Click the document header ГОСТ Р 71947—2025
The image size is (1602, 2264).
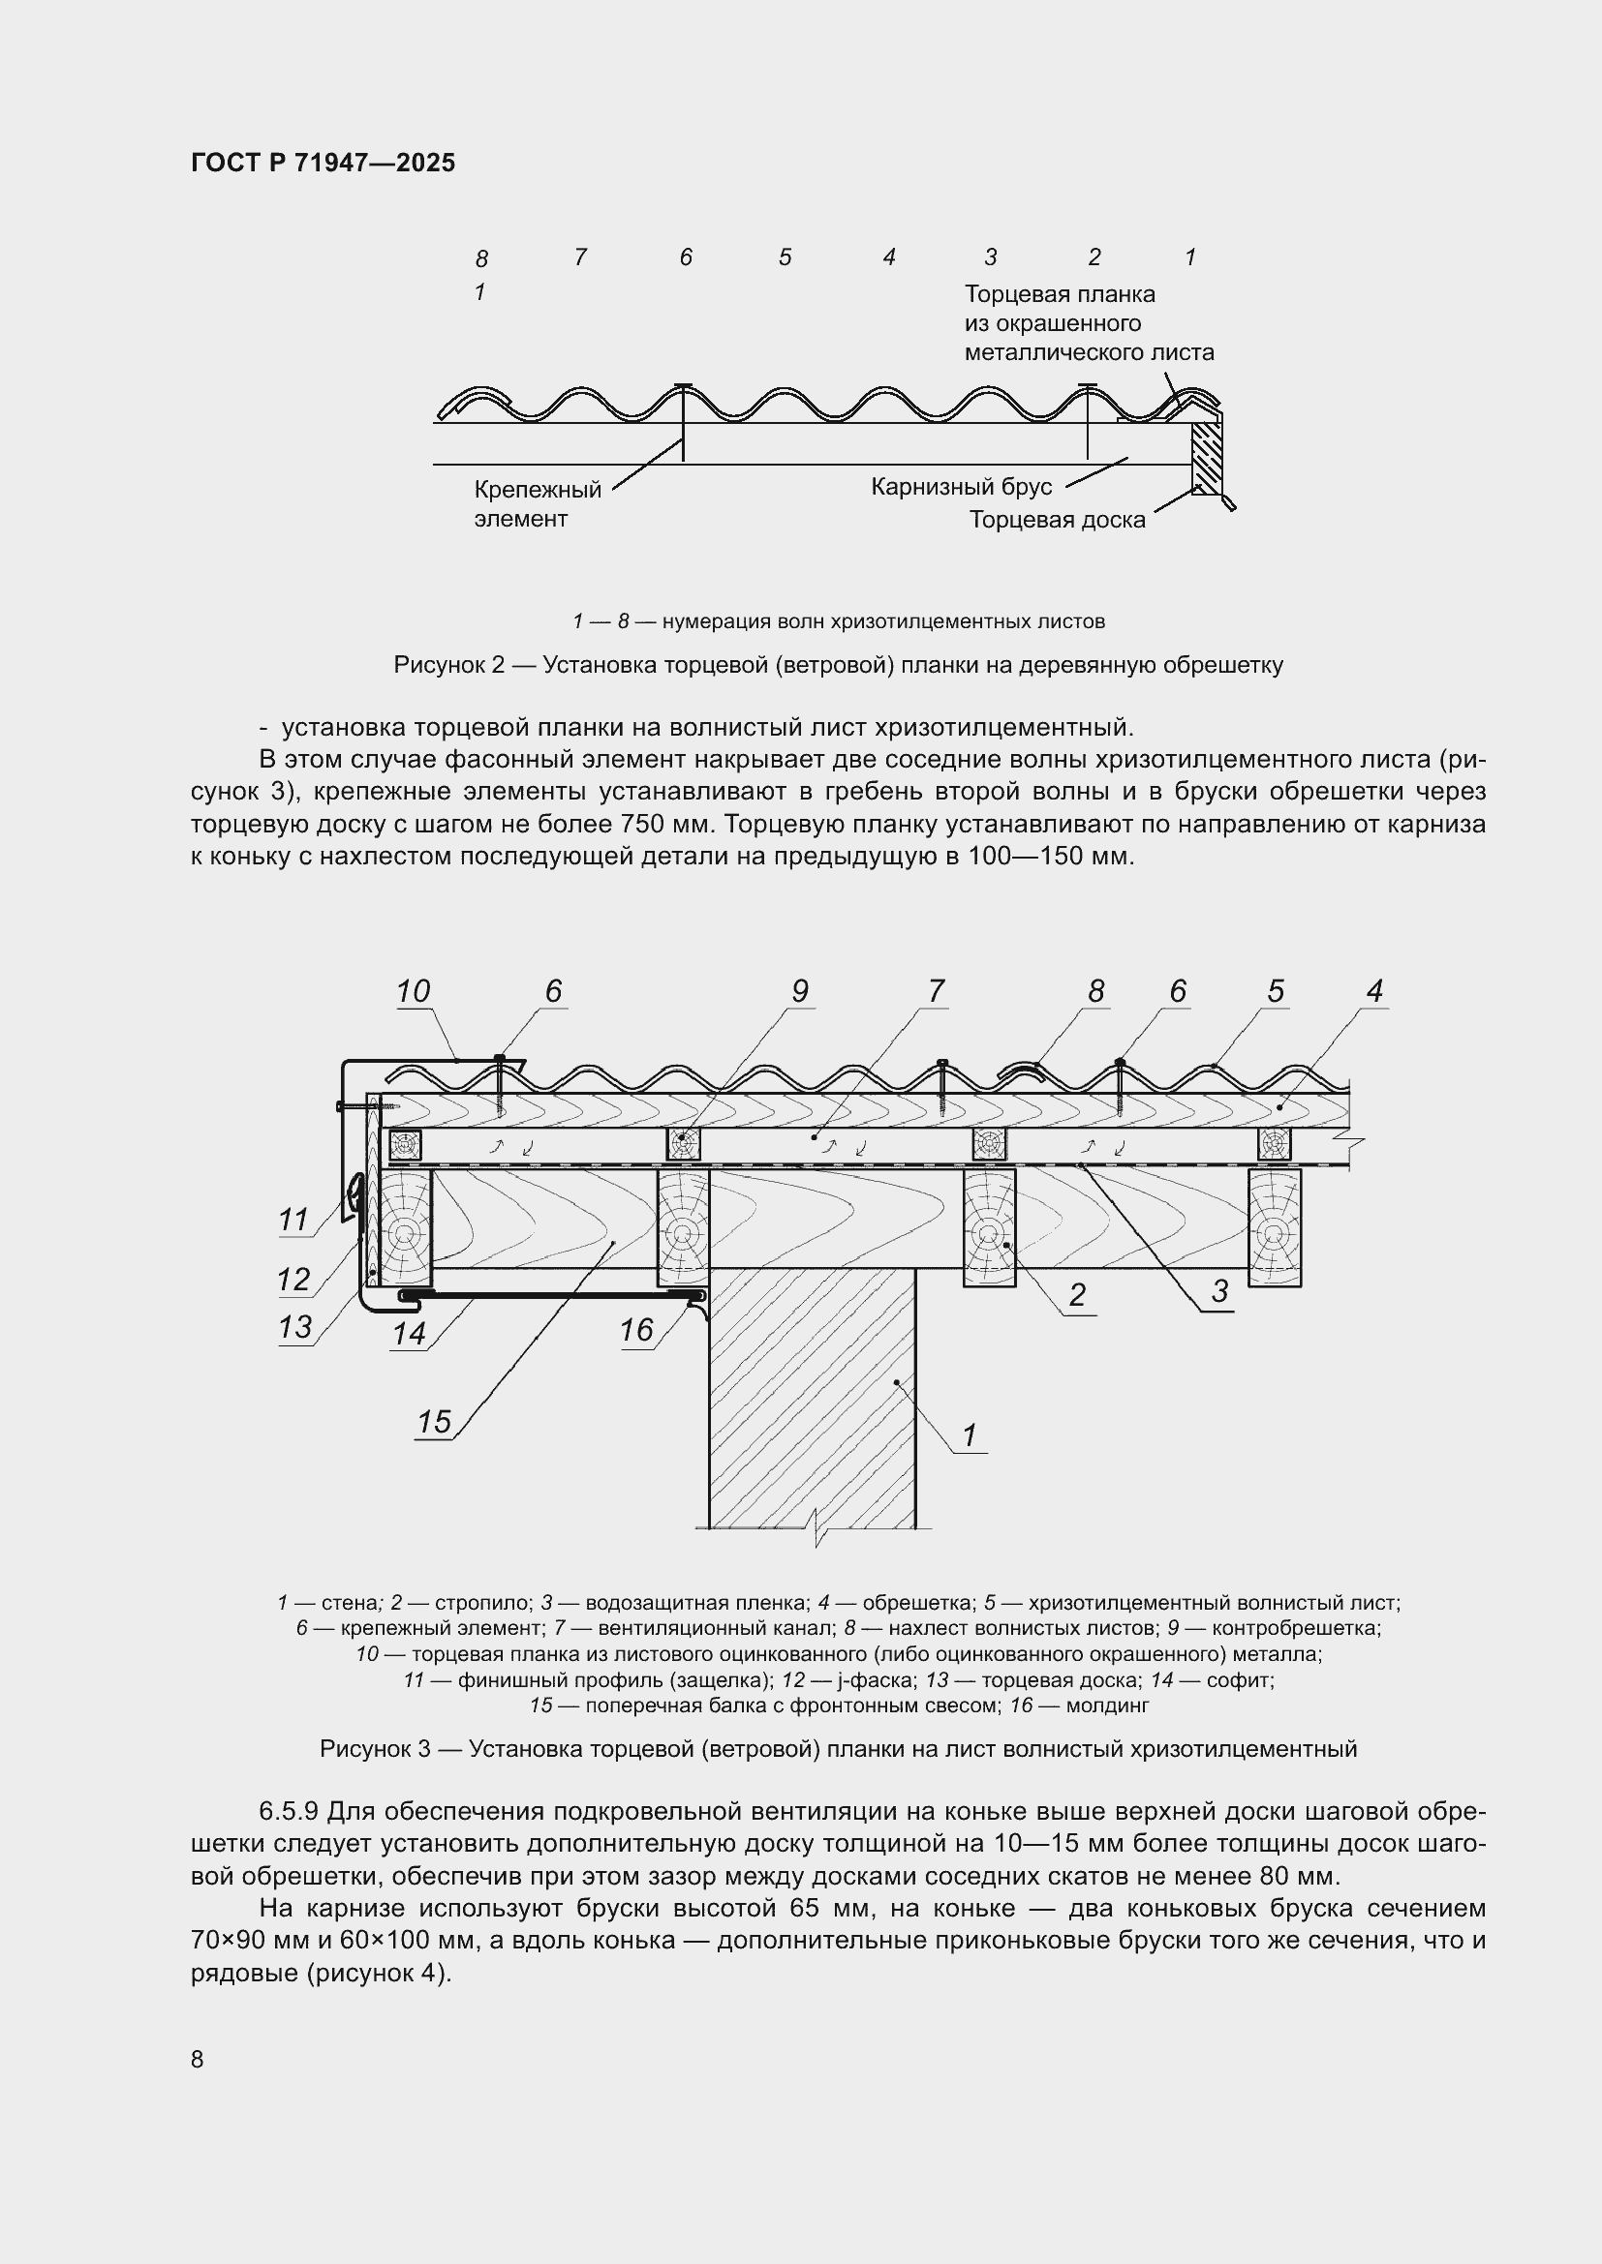(323, 164)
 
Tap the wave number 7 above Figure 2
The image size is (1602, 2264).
(580, 257)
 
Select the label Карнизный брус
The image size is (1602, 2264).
(961, 487)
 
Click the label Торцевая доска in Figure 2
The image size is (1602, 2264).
(1057, 520)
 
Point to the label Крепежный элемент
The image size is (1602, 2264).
(537, 504)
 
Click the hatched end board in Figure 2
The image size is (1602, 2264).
(1206, 460)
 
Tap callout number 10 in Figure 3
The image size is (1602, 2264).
(414, 992)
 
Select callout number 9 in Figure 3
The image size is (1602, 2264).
(799, 992)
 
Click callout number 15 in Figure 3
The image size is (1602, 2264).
(434, 1422)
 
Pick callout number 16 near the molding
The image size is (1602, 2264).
(636, 1331)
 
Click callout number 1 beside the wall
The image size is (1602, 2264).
(969, 1435)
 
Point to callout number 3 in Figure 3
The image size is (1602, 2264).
(1220, 1292)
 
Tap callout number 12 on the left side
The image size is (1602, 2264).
(294, 1280)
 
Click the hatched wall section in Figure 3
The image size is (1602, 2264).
(812, 1401)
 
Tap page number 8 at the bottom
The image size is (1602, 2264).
(198, 2060)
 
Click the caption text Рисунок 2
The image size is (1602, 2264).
(448, 666)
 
